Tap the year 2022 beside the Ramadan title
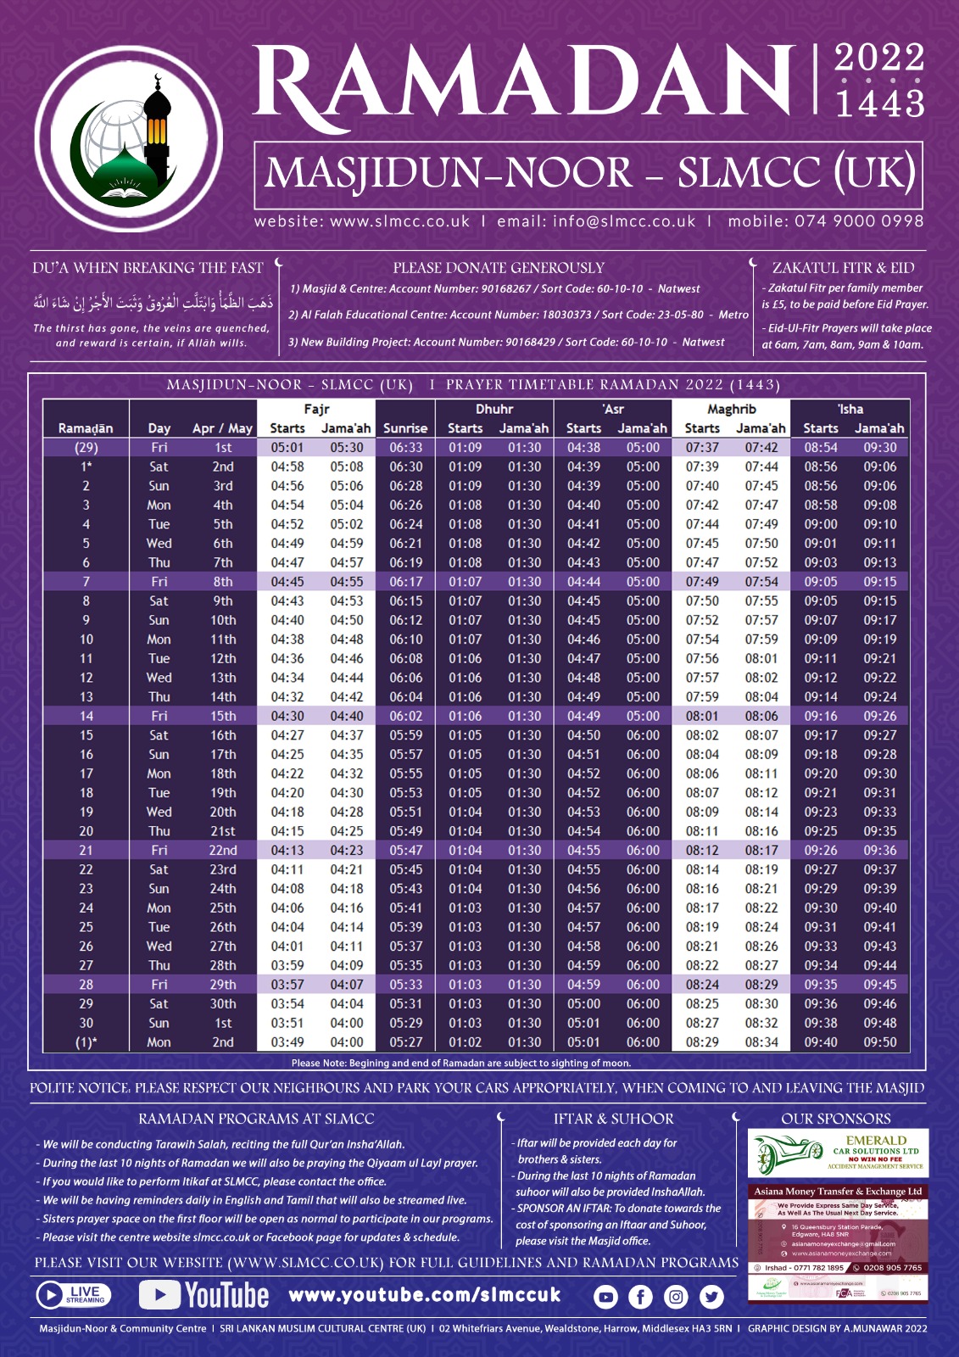[x=878, y=59]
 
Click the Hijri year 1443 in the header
[x=879, y=103]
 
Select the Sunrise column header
[x=405, y=428]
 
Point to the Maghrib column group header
[x=731, y=409]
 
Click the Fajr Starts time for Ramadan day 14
[x=287, y=716]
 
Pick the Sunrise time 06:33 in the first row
[x=405, y=448]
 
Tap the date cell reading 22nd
[x=223, y=850]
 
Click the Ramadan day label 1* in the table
[x=86, y=466]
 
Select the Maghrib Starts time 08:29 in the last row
[x=702, y=1042]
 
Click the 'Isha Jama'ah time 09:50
[x=880, y=1042]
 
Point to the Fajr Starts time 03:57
[x=287, y=985]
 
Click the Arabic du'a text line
[x=153, y=303]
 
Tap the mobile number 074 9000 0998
[x=858, y=221]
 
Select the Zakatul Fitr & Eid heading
[x=843, y=268]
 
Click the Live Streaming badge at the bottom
[x=74, y=1294]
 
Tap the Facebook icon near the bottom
[x=640, y=1296]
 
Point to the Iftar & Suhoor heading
[x=613, y=1119]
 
